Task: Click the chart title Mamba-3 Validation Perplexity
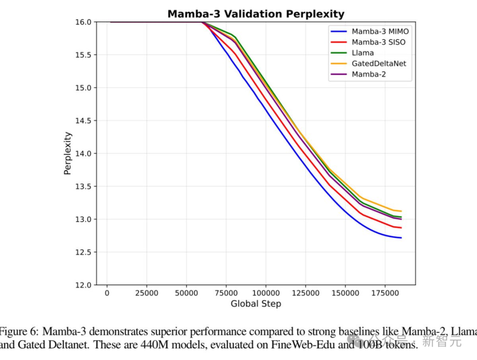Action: point(256,14)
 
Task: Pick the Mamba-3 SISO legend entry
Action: point(379,42)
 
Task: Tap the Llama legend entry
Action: point(363,53)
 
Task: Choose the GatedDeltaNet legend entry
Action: point(379,64)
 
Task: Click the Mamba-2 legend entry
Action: point(368,74)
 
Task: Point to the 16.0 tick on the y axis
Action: point(84,22)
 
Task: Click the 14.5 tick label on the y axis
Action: point(84,121)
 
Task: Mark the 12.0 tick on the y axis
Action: point(84,285)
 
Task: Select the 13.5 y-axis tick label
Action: point(84,186)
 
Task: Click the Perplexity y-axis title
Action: point(68,153)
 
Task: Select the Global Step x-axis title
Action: point(256,304)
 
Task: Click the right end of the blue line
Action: point(401,238)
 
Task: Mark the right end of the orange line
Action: point(401,211)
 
